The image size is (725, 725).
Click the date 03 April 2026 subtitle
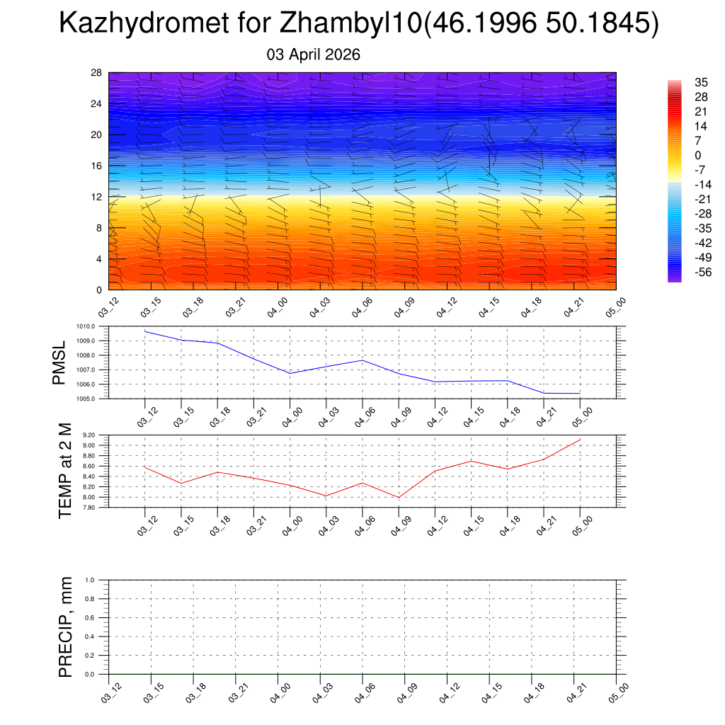pos(314,55)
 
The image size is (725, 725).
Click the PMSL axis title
pos(59,362)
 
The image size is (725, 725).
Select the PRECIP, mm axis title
pos(66,627)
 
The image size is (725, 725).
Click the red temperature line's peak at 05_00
pos(580,440)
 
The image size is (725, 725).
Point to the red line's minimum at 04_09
pos(399,498)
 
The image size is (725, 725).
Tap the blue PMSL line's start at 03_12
pos(145,331)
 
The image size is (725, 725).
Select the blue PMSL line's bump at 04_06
pos(362,360)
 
